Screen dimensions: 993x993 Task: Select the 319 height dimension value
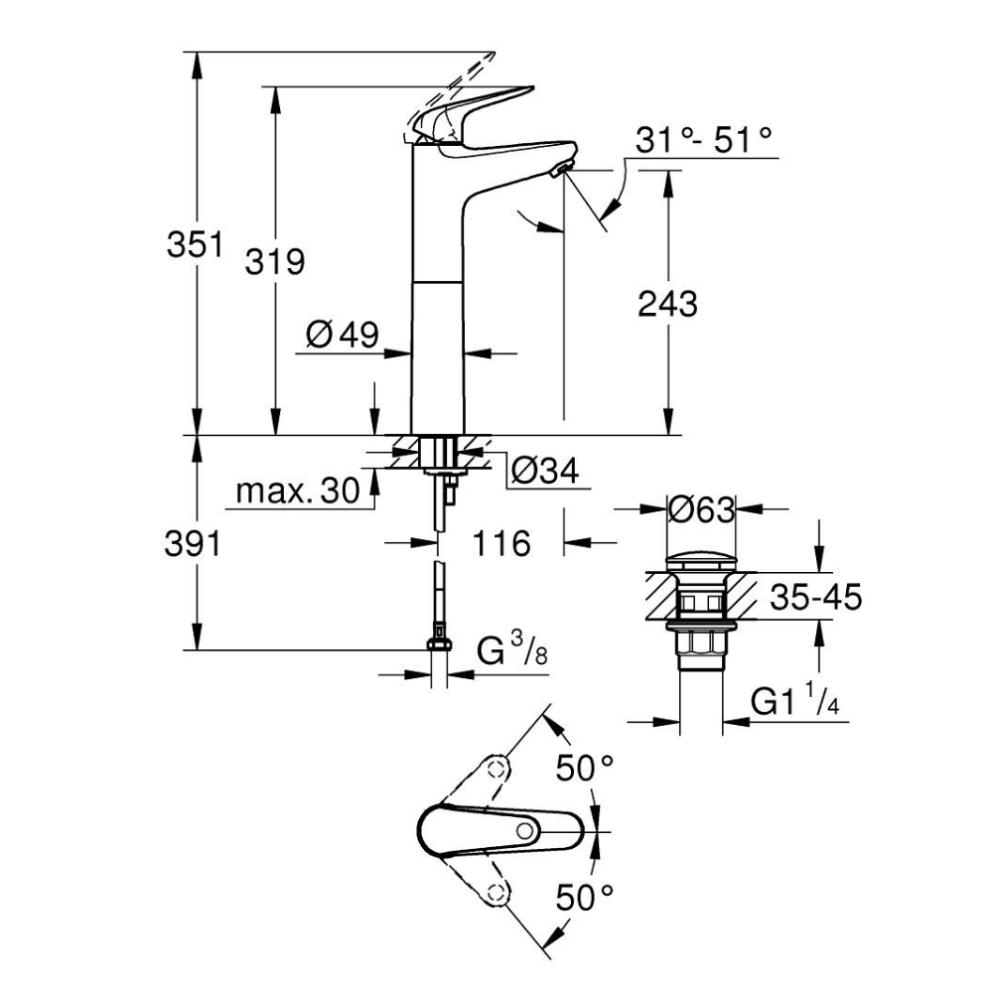[275, 262]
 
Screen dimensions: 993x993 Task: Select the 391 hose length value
[194, 543]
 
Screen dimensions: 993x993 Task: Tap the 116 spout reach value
[501, 543]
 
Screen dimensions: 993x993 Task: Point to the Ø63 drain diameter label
[701, 510]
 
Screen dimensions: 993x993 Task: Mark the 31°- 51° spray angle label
[704, 140]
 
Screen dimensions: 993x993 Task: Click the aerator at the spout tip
[561, 172]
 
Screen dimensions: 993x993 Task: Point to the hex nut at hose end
[437, 646]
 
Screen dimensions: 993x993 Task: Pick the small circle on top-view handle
[523, 831]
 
